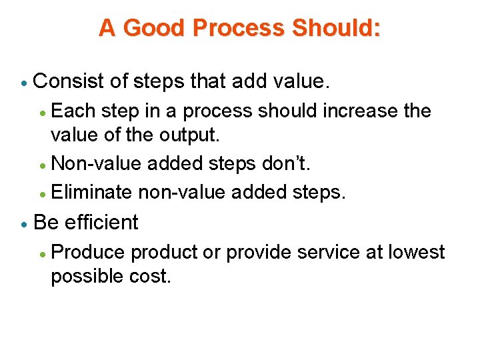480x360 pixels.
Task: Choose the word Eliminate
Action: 91,193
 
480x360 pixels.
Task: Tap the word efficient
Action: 101,223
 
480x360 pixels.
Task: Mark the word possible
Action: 87,277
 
